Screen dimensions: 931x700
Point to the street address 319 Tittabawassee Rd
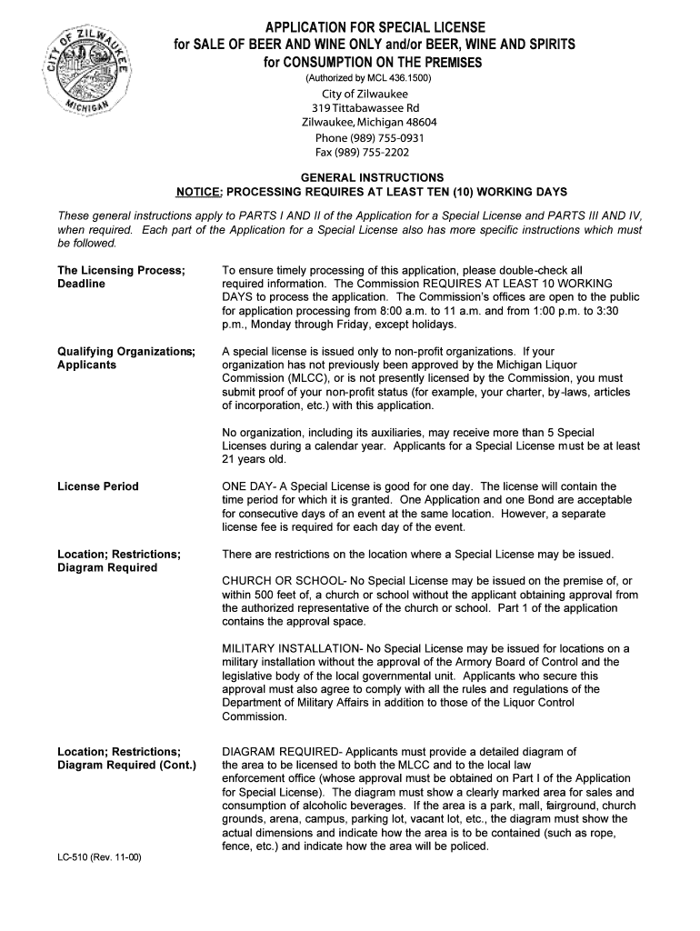coord(368,108)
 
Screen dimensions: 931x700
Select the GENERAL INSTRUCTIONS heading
coord(373,177)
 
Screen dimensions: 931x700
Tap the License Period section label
coord(98,486)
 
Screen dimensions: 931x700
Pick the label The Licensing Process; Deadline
coord(121,277)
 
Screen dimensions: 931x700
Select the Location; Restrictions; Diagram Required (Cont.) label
coord(126,758)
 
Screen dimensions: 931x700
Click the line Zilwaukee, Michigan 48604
coord(369,123)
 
